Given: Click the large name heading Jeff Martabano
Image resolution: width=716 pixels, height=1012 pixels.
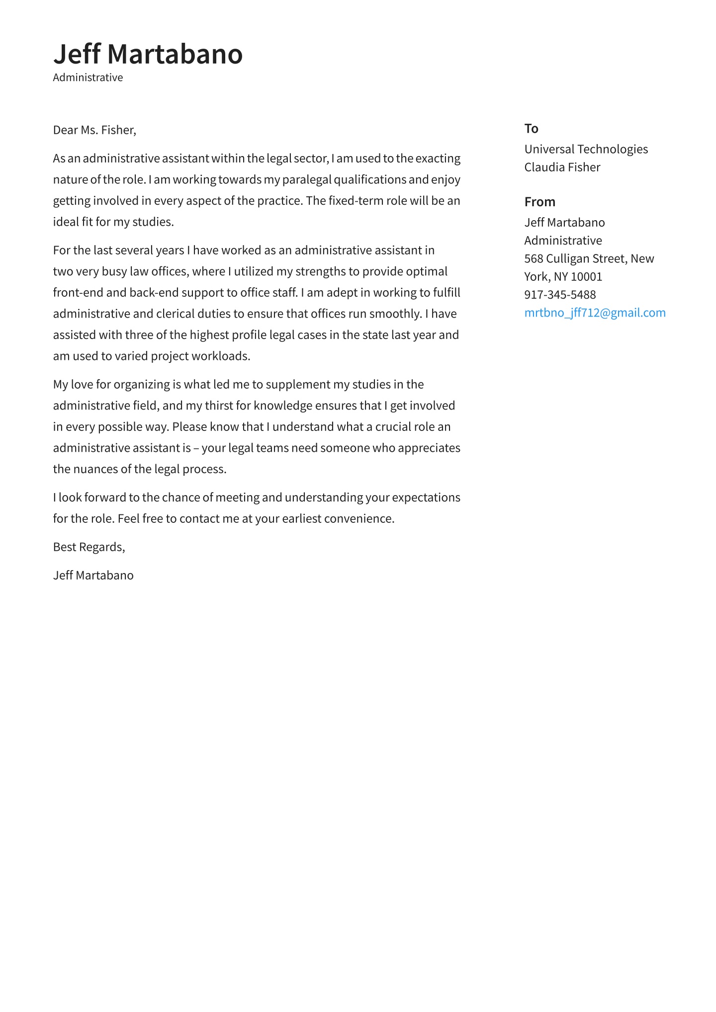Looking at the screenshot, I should (148, 54).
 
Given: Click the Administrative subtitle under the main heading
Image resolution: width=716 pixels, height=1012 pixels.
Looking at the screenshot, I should (88, 78).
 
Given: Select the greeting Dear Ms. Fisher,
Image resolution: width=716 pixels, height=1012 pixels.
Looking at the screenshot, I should (94, 130).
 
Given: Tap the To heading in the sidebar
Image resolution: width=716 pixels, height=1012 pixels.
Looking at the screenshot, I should (531, 129).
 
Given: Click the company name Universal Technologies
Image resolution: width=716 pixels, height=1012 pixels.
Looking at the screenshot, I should (586, 149).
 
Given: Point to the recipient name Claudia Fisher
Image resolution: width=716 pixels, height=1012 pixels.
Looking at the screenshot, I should (562, 167).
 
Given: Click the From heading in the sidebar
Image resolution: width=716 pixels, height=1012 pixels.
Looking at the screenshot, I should (539, 202).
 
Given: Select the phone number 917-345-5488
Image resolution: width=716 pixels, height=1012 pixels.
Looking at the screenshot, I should (560, 295).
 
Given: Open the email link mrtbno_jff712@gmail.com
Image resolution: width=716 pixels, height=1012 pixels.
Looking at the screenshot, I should (595, 313).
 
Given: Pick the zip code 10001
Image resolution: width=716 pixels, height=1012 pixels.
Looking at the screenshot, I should (586, 276).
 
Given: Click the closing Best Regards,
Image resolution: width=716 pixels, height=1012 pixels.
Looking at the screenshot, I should (89, 547).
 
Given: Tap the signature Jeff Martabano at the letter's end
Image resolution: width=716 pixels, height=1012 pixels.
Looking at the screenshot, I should (93, 576).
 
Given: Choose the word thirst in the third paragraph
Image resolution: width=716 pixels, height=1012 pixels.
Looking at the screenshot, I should (219, 406).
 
